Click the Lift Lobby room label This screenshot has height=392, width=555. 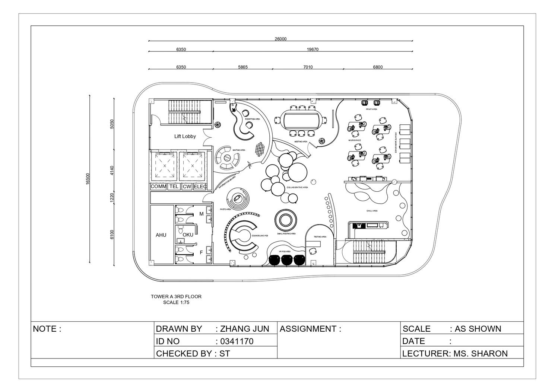tap(185, 136)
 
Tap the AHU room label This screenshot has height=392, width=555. tap(161, 235)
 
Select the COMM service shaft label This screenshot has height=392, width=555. tap(158, 187)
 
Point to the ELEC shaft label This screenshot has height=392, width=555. tap(200, 187)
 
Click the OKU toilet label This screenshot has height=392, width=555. tap(188, 235)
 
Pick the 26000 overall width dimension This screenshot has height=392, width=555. tap(280, 39)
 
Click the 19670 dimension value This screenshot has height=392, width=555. tap(313, 49)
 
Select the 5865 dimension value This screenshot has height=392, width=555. tap(243, 67)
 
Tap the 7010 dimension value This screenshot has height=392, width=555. tap(308, 67)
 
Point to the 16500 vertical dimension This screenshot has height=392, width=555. tap(88, 179)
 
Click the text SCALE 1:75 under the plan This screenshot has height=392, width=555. tap(176, 302)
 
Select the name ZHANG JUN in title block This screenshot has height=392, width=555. tap(244, 329)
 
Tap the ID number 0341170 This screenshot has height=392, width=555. tap(237, 341)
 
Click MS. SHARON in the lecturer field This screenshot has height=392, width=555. tap(481, 353)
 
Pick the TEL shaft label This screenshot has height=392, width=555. tap(174, 187)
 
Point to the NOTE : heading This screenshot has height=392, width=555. tap(47, 329)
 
